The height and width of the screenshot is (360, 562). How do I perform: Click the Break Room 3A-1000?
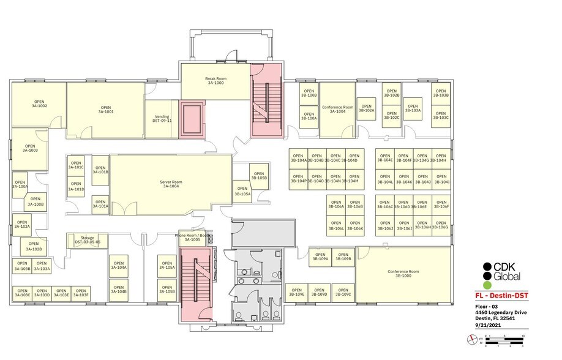click(215, 81)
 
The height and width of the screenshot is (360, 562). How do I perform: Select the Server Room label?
click(170, 184)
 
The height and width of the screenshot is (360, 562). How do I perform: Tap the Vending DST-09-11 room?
click(162, 118)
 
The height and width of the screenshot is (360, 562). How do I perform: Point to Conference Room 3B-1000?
click(403, 274)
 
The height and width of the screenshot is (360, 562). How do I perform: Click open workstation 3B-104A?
click(298, 159)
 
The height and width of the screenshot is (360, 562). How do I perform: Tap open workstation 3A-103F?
click(80, 293)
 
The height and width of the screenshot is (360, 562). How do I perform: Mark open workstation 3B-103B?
click(441, 94)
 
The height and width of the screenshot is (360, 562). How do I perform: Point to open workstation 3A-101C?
click(76, 165)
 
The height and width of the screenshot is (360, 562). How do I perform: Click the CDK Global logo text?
click(507, 271)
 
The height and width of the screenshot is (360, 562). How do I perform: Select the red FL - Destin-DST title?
click(501, 296)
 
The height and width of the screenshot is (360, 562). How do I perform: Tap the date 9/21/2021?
click(487, 325)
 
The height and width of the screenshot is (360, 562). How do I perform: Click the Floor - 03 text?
click(488, 307)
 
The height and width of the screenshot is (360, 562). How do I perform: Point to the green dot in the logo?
click(487, 285)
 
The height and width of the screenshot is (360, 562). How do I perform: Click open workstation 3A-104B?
click(119, 289)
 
